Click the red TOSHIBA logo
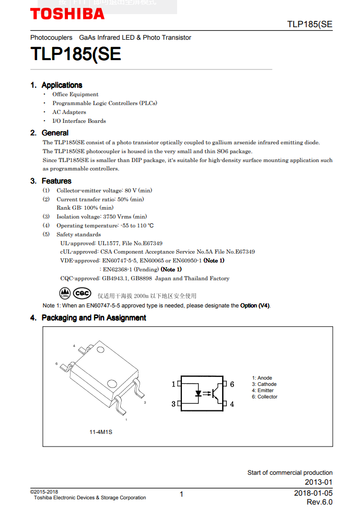(67, 14)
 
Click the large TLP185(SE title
(76, 54)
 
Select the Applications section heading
(62, 85)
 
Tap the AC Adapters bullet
(69, 112)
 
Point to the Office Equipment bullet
(75, 95)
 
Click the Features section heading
(56, 181)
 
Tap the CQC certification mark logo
(82, 293)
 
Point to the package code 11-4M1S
(101, 432)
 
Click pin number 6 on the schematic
(232, 384)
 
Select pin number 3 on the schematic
(173, 404)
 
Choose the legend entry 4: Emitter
(263, 390)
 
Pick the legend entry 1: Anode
(262, 377)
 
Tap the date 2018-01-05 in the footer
(313, 493)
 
